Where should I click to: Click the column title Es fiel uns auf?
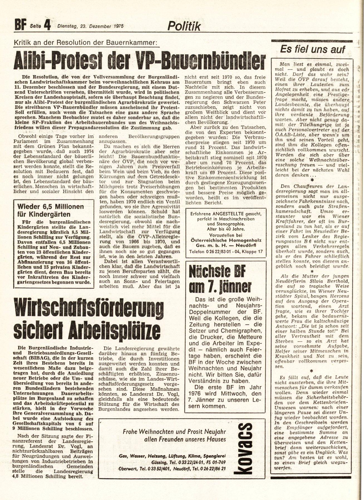[x=312, y=49]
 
